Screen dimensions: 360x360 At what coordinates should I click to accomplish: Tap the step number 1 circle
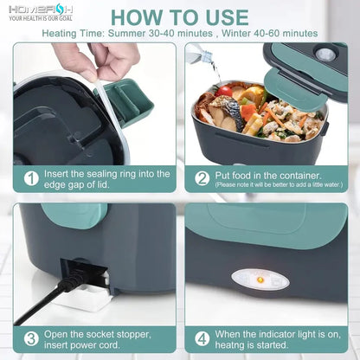pyautogui.click(x=31, y=177)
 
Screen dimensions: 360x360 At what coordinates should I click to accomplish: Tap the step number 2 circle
pyautogui.click(x=202, y=177)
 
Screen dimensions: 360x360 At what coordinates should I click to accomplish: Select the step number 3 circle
pyautogui.click(x=31, y=338)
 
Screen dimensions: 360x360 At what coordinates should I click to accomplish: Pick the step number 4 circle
pyautogui.click(x=202, y=338)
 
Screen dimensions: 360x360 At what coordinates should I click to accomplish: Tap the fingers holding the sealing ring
pyautogui.click(x=95, y=59)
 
